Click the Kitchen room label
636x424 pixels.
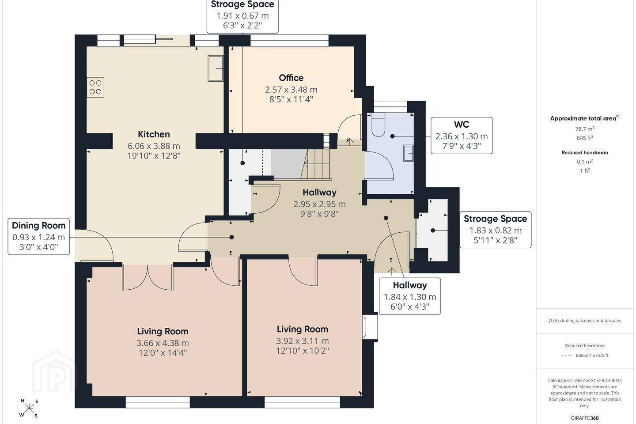(x=154, y=134)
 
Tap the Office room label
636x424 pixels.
(x=291, y=78)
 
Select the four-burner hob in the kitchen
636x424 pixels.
(x=95, y=87)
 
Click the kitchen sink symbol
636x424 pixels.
(x=216, y=68)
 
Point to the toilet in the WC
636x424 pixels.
(x=378, y=125)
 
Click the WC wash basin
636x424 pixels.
(x=408, y=153)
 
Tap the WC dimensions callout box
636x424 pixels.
(x=462, y=136)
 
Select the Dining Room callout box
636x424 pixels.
(x=38, y=237)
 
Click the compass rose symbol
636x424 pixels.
(x=29, y=409)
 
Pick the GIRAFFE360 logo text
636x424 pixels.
(x=585, y=418)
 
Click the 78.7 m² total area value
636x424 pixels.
(x=585, y=129)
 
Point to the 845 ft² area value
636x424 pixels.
(x=585, y=138)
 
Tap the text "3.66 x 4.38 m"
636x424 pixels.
(x=163, y=343)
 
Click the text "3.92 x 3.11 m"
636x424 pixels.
(x=303, y=341)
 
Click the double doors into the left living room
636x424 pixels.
(x=148, y=277)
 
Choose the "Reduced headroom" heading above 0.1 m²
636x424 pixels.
(x=585, y=152)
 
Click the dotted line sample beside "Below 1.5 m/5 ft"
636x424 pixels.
(x=567, y=356)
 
